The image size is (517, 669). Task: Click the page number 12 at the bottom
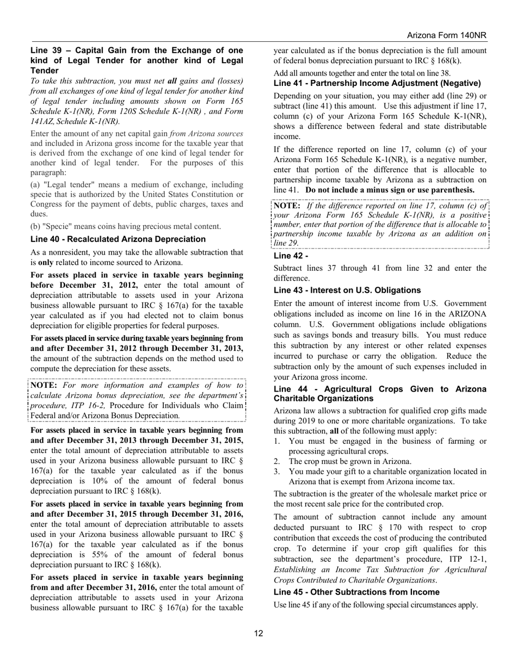pos(258,633)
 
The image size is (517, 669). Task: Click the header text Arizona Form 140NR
pos(446,35)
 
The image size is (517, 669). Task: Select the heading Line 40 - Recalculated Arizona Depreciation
pos(118,239)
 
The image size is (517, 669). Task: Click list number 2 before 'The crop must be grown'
pos(276,461)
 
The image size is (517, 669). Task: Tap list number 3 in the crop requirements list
pos(276,472)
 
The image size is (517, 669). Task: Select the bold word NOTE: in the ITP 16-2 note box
pos(45,385)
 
